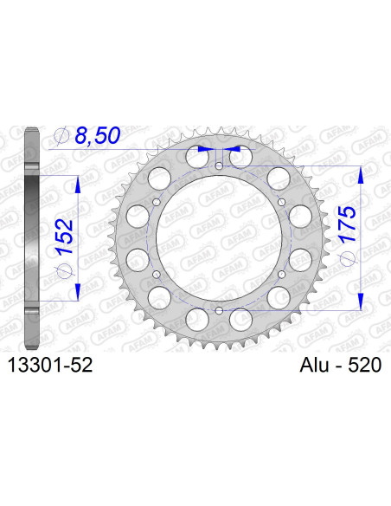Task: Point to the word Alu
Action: [x=303, y=367]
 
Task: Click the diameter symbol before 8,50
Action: [x=61, y=137]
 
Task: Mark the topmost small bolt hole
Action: [x=219, y=165]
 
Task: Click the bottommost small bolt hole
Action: [x=219, y=309]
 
